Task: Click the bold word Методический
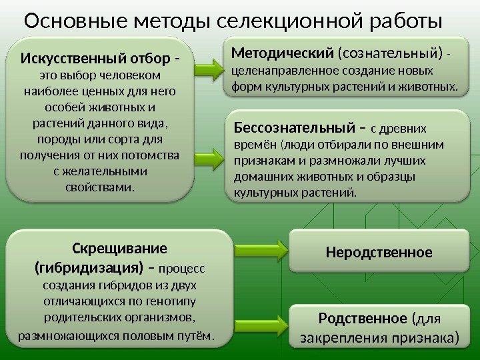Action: (282, 51)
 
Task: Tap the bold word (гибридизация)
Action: (89, 268)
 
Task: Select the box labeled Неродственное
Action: (379, 251)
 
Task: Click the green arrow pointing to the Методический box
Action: (213, 66)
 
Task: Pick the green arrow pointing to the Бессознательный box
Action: (213, 155)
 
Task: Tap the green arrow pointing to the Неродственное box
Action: (262, 251)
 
